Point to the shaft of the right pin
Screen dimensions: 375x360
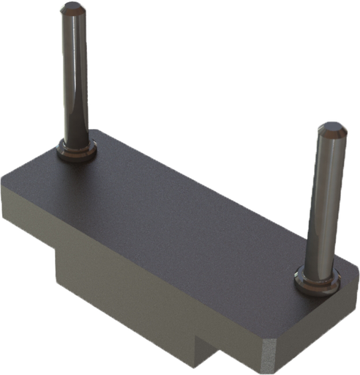click(324, 205)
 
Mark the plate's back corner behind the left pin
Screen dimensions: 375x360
click(99, 131)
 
